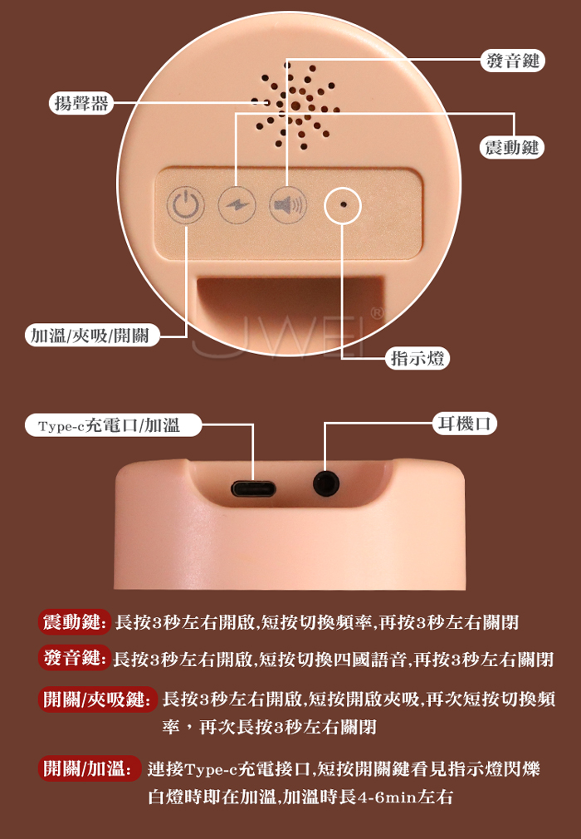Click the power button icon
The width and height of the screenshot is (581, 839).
[x=185, y=205]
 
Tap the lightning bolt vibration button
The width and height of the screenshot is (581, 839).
[x=237, y=205]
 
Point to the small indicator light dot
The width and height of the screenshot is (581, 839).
[x=343, y=204]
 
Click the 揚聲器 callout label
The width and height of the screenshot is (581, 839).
[x=82, y=103]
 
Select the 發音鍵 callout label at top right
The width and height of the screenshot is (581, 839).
[x=513, y=61]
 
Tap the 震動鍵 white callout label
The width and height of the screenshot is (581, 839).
[x=511, y=147]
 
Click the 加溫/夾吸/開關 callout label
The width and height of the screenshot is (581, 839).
[x=92, y=336]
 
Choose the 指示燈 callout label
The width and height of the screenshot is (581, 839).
[x=417, y=358]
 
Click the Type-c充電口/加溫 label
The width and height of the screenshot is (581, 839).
[x=113, y=425]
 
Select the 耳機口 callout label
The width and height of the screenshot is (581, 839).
[x=465, y=424]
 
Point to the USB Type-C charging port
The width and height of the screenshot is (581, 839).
[x=253, y=488]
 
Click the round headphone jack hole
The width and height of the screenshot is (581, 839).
[x=326, y=483]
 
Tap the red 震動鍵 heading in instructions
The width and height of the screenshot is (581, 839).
[x=75, y=621]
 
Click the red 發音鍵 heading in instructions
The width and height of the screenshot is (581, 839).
[x=75, y=658]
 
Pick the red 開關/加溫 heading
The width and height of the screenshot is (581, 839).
[x=90, y=768]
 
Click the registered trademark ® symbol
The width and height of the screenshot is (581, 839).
[x=377, y=312]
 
